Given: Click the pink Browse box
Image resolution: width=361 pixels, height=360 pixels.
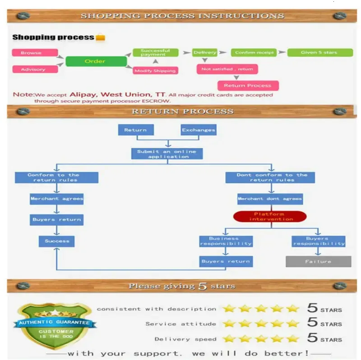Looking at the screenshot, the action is (x=35, y=52).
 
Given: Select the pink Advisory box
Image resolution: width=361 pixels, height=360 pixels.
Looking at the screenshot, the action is (x=35, y=69).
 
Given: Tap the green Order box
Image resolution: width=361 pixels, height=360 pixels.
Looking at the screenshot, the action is (x=96, y=61).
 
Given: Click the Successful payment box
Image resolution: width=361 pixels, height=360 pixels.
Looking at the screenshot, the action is (x=156, y=52).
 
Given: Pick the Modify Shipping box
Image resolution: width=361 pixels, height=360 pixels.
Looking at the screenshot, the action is (x=155, y=70).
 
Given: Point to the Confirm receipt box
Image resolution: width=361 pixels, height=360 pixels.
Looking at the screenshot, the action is (x=254, y=52).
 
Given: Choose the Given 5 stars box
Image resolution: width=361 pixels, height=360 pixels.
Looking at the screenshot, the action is (x=320, y=52).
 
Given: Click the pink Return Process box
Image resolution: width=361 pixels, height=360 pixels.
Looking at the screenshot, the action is (x=248, y=85).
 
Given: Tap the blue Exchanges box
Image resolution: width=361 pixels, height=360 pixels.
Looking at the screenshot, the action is (x=199, y=130).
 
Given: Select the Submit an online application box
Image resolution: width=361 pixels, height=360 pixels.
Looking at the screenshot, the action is (x=167, y=154).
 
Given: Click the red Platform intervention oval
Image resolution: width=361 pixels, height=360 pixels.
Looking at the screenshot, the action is (x=270, y=216).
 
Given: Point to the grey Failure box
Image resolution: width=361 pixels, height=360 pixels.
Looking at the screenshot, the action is (x=319, y=262).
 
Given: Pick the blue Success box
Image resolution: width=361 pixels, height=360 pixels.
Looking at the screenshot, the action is (x=57, y=241).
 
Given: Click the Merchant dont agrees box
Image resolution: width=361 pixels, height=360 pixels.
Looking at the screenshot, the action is (x=270, y=199).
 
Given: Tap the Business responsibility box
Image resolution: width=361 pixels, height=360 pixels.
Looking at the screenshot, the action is (x=226, y=241).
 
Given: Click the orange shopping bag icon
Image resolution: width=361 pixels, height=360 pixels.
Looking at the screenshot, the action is (x=100, y=37).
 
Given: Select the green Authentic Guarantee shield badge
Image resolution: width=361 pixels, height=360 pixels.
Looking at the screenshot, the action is (x=55, y=325).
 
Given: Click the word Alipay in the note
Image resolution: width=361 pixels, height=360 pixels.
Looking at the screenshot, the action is (x=83, y=94).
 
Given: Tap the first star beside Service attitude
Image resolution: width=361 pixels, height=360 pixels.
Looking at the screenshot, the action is (x=229, y=323).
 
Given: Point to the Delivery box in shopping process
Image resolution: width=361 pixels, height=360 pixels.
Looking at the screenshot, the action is (x=205, y=52).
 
